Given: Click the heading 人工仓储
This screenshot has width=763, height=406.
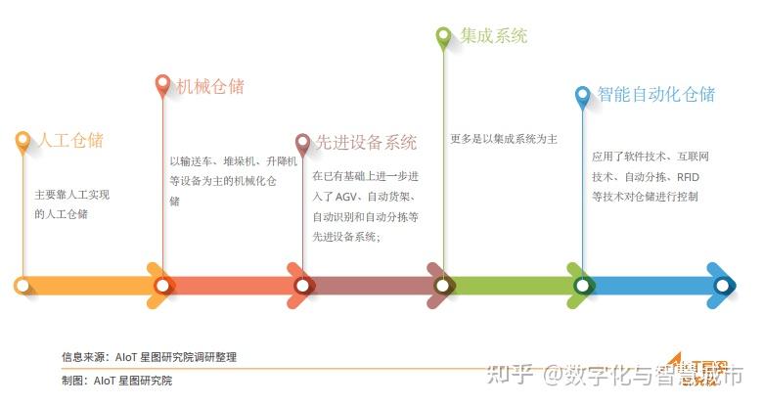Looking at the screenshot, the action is [69, 140].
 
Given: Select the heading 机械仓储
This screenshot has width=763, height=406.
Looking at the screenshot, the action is [209, 86].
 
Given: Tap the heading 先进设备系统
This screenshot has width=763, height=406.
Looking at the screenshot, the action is [366, 143].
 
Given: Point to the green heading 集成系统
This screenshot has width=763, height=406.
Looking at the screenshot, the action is [494, 36].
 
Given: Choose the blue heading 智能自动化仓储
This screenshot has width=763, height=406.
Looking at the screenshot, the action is [656, 95].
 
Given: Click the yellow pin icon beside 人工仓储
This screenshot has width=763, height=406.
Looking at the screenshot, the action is [23, 141].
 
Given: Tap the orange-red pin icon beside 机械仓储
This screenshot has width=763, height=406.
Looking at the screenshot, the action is [163, 85].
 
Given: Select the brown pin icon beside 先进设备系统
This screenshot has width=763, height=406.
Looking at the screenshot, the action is [303, 144].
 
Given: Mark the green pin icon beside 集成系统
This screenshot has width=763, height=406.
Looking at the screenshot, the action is [443, 37].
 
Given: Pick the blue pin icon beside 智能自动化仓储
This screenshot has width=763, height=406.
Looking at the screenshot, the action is [583, 96].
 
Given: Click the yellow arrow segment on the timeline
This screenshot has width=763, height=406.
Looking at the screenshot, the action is [93, 286].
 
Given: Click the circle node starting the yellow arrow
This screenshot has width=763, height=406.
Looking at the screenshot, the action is [22, 286].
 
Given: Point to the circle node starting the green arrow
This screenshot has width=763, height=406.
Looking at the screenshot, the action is [443, 286].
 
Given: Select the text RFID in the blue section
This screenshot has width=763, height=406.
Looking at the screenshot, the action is [689, 176].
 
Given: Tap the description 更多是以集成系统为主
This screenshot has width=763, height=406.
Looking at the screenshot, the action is [504, 139].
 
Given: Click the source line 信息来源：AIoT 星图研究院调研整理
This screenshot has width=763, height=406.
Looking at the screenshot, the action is [149, 357].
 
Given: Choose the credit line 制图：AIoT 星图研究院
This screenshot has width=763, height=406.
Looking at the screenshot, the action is [116, 381].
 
